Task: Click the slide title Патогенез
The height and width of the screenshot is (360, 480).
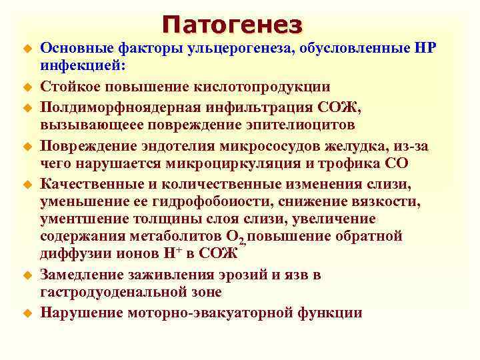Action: (x=231, y=25)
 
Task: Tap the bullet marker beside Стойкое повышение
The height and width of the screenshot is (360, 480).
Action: (x=28, y=87)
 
